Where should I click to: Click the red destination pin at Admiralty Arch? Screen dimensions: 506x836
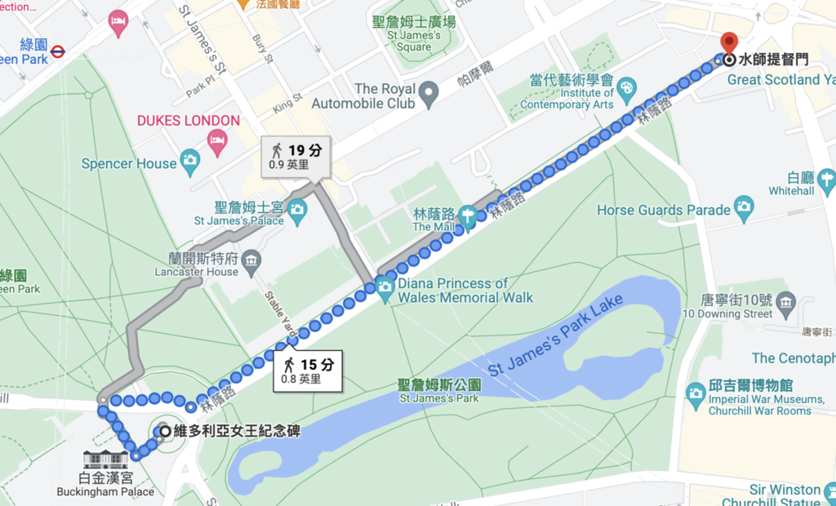pyautogui.click(x=728, y=42)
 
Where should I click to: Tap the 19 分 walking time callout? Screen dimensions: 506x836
pyautogui.click(x=296, y=156)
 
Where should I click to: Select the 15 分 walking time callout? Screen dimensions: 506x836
pyautogui.click(x=307, y=369)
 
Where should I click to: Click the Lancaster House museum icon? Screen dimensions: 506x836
pyautogui.click(x=252, y=262)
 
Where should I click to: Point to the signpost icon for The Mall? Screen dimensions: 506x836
pyautogui.click(x=467, y=217)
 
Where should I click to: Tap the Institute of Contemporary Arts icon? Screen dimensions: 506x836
pyautogui.click(x=626, y=88)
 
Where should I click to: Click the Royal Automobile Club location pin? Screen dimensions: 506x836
pyautogui.click(x=429, y=95)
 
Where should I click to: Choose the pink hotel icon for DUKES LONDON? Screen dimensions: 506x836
pyautogui.click(x=217, y=144)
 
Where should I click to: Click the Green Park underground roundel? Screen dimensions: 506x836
pyautogui.click(x=58, y=52)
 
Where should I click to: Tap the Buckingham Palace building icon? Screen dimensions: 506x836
pyautogui.click(x=106, y=459)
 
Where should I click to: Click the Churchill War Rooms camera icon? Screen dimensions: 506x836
pyautogui.click(x=696, y=392)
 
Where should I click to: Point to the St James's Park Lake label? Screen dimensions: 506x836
pyautogui.click(x=555, y=335)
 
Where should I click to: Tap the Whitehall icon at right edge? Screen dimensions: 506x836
pyautogui.click(x=826, y=179)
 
